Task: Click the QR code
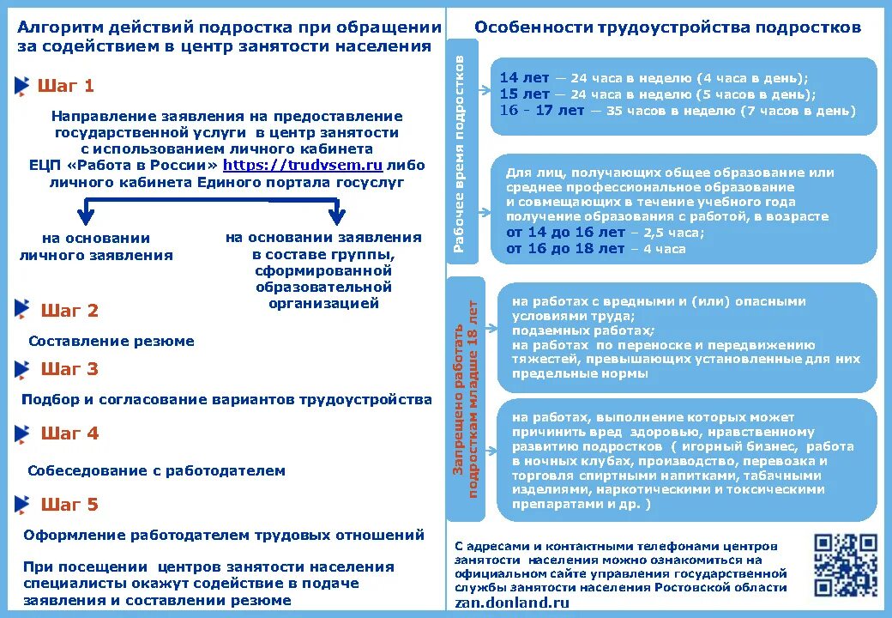[845, 564]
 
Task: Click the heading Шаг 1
[66, 86]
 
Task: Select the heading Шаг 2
[69, 311]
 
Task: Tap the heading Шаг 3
[69, 369]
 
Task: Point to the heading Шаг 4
[69, 433]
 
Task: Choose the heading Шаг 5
[69, 505]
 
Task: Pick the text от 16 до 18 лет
[565, 249]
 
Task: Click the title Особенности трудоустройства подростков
[667, 27]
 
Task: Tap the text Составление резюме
[111, 341]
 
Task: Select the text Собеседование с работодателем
[156, 470]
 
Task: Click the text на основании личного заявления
[96, 246]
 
